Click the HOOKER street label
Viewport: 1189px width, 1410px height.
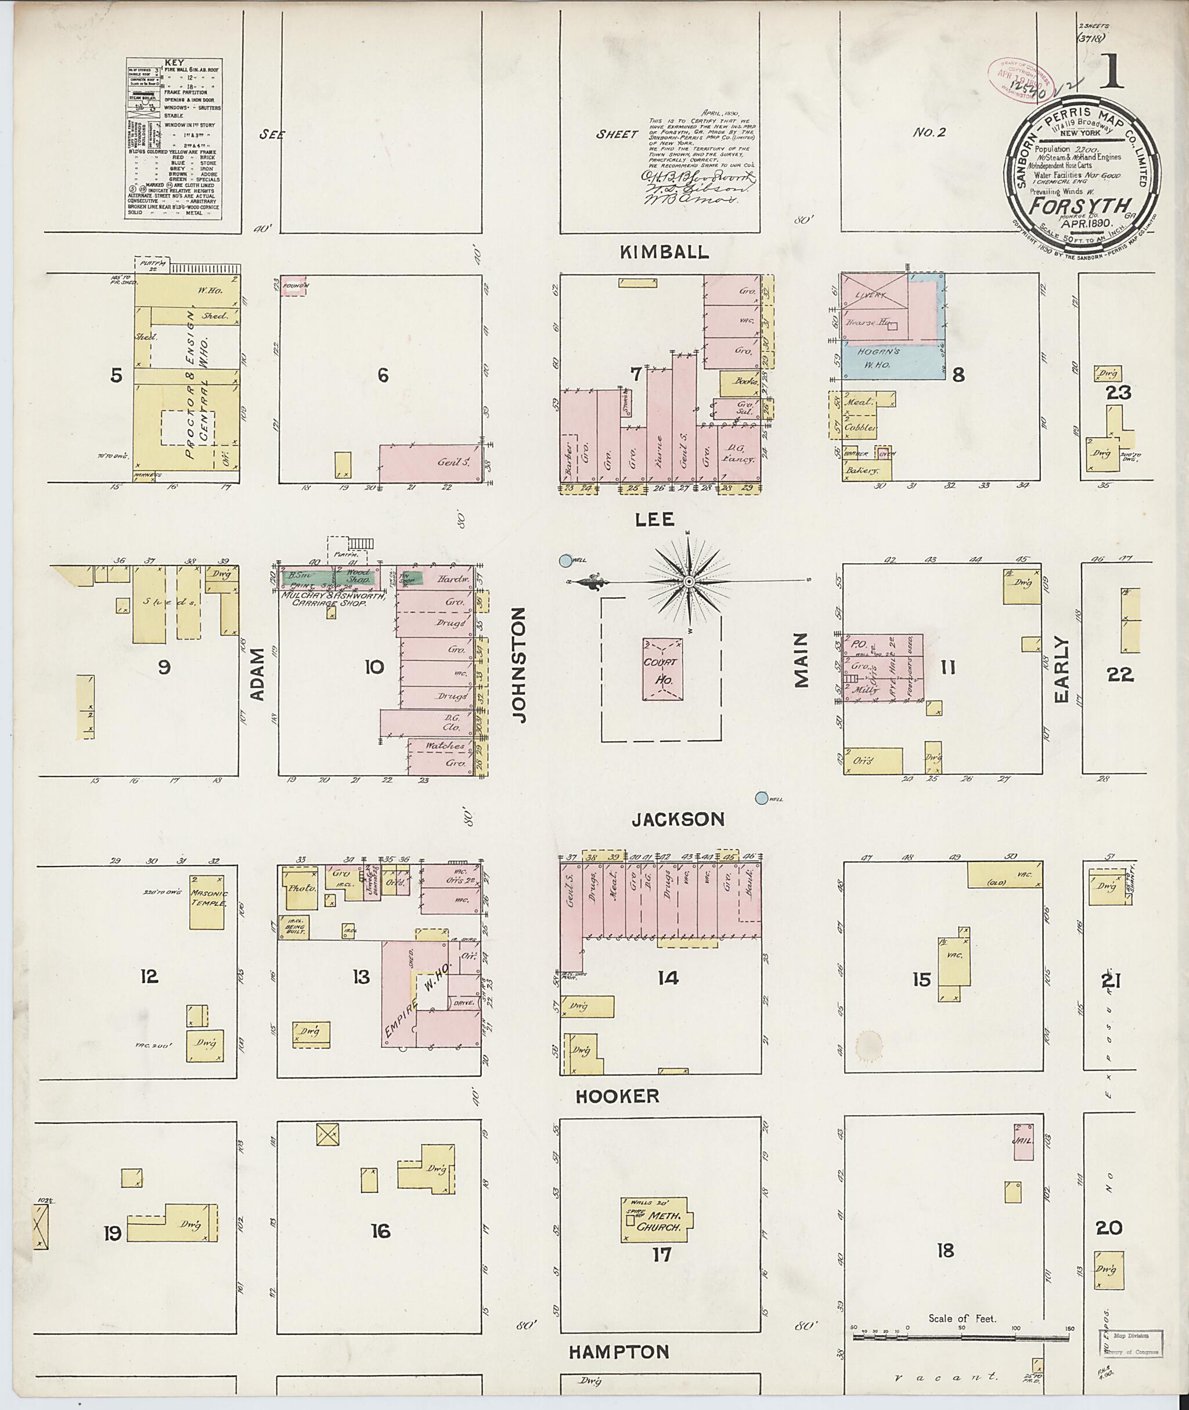click(x=617, y=1096)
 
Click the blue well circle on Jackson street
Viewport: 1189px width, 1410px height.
click(x=762, y=798)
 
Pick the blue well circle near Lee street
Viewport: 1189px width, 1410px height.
click(x=565, y=560)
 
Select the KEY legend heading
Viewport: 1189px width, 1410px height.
click(x=174, y=62)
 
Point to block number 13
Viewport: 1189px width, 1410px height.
click(x=361, y=976)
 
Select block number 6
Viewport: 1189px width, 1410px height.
click(x=382, y=375)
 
